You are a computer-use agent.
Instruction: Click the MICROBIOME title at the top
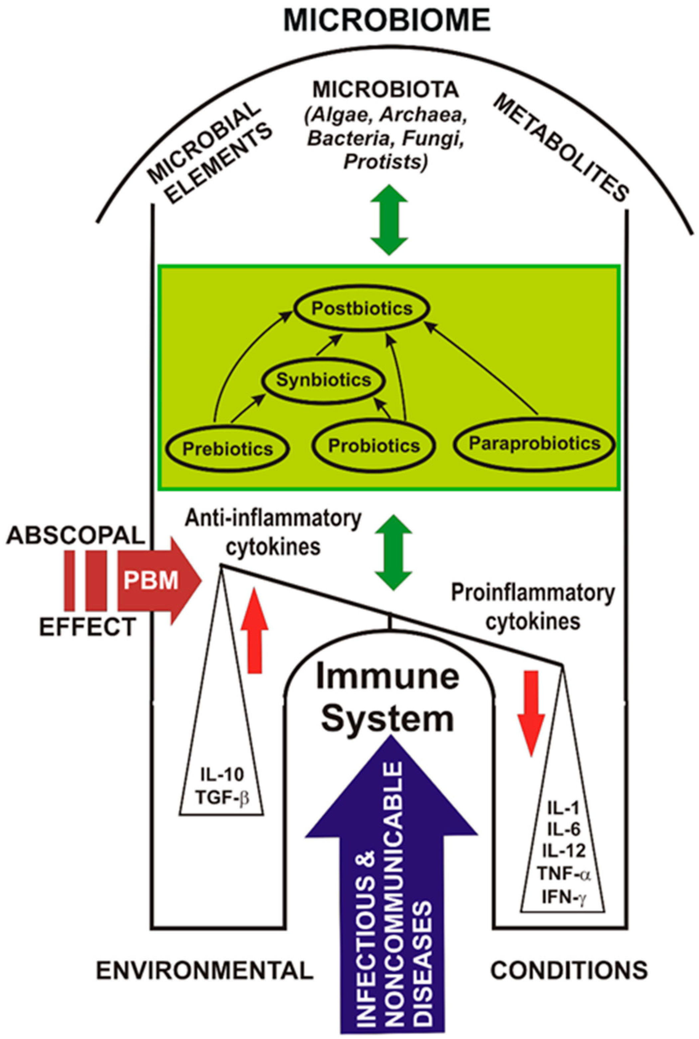(x=387, y=21)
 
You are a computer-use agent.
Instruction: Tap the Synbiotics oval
(x=324, y=380)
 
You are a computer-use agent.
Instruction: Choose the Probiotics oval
(x=373, y=446)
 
